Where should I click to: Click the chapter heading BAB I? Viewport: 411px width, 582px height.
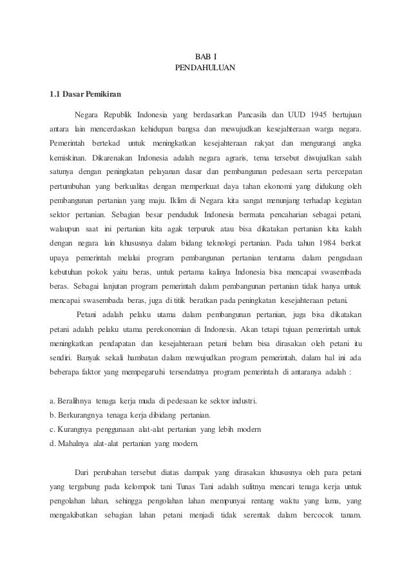point(205,56)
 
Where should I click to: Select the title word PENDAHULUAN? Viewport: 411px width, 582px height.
point(205,68)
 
